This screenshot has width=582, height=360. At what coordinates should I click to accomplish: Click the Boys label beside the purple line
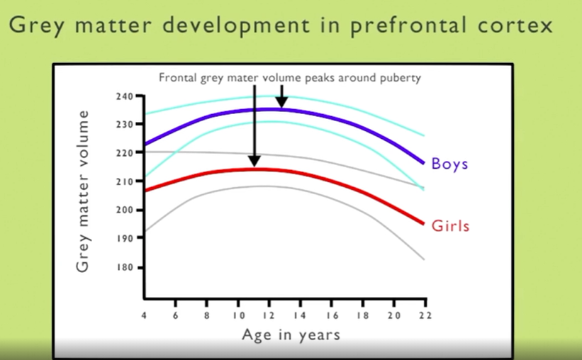(449, 164)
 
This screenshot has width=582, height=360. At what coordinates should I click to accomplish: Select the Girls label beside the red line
(450, 226)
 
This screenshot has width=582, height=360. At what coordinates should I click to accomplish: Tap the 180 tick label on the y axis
(125, 267)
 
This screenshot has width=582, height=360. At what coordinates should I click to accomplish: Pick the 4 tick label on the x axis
(144, 315)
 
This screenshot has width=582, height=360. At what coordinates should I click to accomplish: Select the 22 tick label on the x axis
(425, 315)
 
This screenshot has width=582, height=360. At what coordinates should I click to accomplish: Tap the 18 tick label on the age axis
(363, 315)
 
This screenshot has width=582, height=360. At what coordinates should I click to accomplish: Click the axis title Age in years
(291, 334)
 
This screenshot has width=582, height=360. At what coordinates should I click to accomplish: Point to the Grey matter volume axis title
(82, 191)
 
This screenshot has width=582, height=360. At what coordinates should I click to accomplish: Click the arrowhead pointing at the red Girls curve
(254, 161)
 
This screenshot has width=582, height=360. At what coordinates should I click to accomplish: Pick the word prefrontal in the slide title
(408, 26)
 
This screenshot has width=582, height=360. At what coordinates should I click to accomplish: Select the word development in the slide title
(236, 26)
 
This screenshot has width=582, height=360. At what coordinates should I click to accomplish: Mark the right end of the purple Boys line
(423, 163)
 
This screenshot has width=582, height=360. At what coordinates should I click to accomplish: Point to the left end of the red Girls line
(145, 191)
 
